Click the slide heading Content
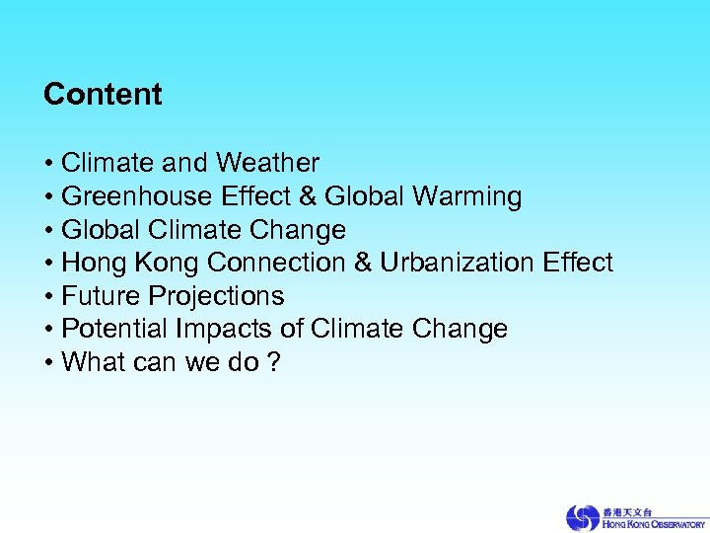(103, 95)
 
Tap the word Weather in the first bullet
(267, 162)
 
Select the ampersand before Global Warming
(307, 196)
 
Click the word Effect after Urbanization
(578, 263)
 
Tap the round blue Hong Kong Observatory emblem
(582, 517)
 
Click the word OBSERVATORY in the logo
(671, 523)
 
